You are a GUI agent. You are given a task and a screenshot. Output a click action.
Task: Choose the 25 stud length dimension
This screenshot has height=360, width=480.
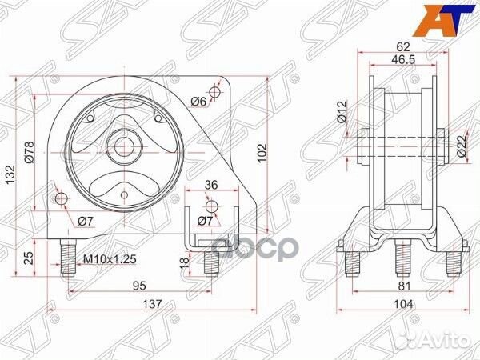coord(29,256)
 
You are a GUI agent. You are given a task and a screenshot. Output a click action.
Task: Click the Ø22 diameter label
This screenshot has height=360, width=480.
coord(462,144)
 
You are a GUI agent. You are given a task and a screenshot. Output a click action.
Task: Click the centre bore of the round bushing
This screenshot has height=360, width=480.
coord(123,146)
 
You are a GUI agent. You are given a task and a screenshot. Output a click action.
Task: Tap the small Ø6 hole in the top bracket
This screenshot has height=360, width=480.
coord(214,90)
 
